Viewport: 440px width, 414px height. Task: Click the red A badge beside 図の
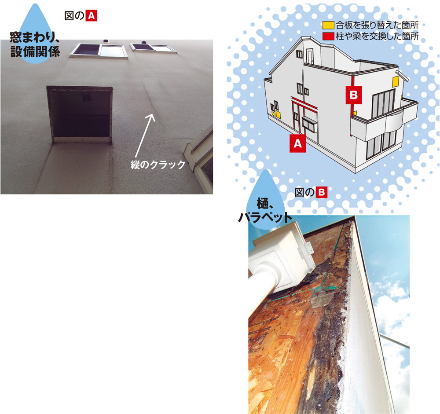pos(91,16)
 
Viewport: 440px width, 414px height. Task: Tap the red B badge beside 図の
pos(322,193)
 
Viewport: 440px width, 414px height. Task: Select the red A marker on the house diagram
pos(298,143)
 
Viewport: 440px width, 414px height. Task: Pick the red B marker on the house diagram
pos(354,95)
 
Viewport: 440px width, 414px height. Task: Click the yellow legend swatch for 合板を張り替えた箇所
pos(328,25)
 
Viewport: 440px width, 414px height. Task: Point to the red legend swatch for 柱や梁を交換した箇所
pos(328,36)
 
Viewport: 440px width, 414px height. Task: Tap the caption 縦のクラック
pos(158,165)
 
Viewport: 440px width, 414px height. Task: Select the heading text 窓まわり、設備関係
pos(35,45)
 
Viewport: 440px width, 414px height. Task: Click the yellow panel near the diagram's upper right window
pos(396,81)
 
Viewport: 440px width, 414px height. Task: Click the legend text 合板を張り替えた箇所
pos(377,25)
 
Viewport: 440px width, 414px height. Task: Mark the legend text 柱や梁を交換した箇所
pos(377,36)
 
